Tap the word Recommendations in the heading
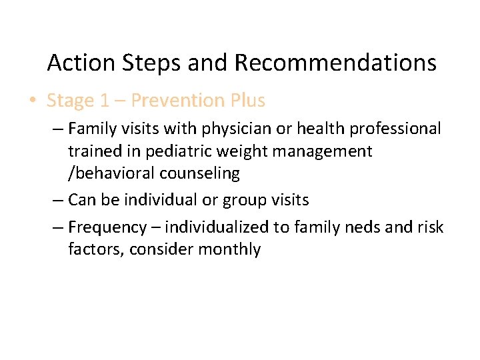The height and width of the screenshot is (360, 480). coord(335,63)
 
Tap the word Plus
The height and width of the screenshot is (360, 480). coord(247,101)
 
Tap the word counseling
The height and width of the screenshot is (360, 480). coord(201,174)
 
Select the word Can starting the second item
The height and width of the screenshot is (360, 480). coord(82,200)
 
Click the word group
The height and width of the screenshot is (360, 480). coord(239,201)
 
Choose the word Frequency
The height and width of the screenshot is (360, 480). coord(107,228)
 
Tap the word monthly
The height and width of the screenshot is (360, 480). coord(233,250)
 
